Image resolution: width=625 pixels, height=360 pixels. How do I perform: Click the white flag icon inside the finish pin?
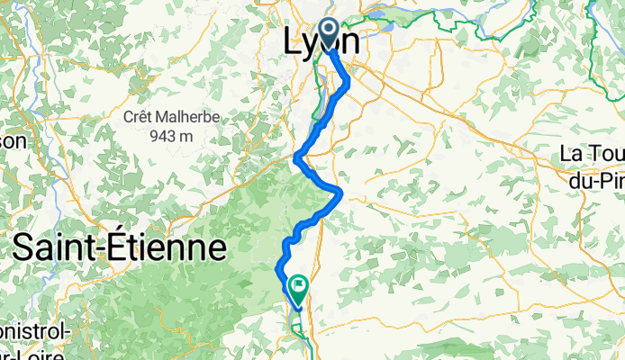point(297,285)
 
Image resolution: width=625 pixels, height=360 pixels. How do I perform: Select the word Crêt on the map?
point(140,117)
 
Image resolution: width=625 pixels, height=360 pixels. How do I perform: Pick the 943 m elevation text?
point(168,135)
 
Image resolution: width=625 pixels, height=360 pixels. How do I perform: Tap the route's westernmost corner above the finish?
point(276,266)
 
